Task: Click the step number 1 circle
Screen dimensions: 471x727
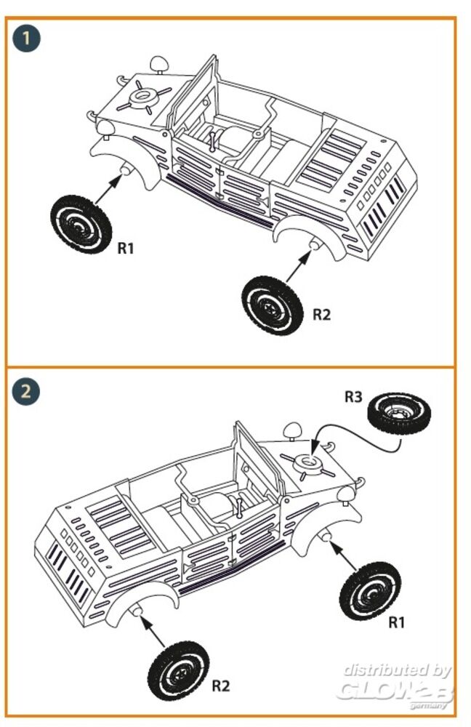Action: coord(26,38)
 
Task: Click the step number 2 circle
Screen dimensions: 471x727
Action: coord(26,391)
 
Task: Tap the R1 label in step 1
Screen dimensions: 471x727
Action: coord(126,249)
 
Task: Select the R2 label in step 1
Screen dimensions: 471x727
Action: coord(322,315)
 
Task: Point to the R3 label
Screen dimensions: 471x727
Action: coord(353,397)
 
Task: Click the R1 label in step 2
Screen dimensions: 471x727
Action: coord(396,622)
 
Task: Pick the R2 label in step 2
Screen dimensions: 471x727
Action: coord(221,686)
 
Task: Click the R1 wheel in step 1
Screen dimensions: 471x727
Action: coord(81,224)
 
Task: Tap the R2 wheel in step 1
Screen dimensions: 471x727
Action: coord(272,305)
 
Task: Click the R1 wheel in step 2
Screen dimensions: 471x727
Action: coord(370,590)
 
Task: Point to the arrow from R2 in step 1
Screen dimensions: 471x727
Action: coord(298,266)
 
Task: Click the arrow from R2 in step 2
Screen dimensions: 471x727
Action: coord(152,631)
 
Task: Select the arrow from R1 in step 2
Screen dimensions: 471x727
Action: coord(343,555)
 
